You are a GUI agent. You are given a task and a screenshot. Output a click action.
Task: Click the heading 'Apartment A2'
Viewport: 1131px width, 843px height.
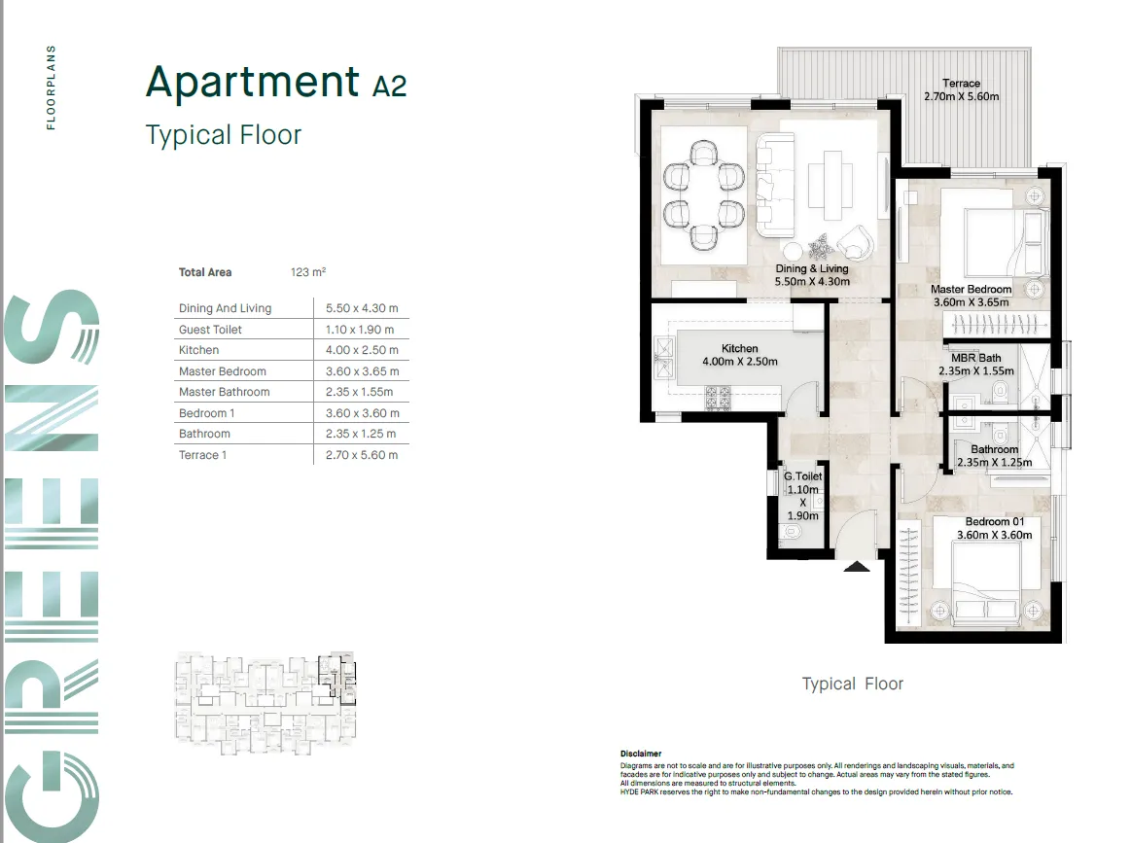[x=275, y=84]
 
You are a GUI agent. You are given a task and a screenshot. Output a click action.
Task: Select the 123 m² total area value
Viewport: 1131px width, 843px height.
[x=307, y=272]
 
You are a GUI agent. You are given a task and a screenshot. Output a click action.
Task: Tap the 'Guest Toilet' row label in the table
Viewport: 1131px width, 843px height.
[x=210, y=330]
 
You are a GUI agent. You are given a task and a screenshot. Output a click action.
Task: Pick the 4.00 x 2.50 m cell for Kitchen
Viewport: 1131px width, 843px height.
[x=361, y=350]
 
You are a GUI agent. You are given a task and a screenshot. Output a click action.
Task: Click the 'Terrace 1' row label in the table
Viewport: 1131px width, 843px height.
[x=202, y=455]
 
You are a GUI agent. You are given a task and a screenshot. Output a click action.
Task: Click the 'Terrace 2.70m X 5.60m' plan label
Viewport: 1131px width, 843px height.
[x=961, y=90]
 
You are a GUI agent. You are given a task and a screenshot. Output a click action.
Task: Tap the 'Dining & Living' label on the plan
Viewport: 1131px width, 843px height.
[x=811, y=275]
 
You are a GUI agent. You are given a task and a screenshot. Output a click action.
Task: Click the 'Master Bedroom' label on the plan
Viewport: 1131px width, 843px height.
[x=971, y=296]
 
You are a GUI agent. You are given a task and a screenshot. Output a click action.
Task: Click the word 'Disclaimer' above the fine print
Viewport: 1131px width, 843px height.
[x=640, y=754]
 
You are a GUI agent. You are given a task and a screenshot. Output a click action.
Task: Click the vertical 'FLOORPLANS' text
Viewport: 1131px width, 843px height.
[x=51, y=87]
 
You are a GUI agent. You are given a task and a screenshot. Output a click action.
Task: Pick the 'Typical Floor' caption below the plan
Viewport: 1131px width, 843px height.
[x=852, y=685]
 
